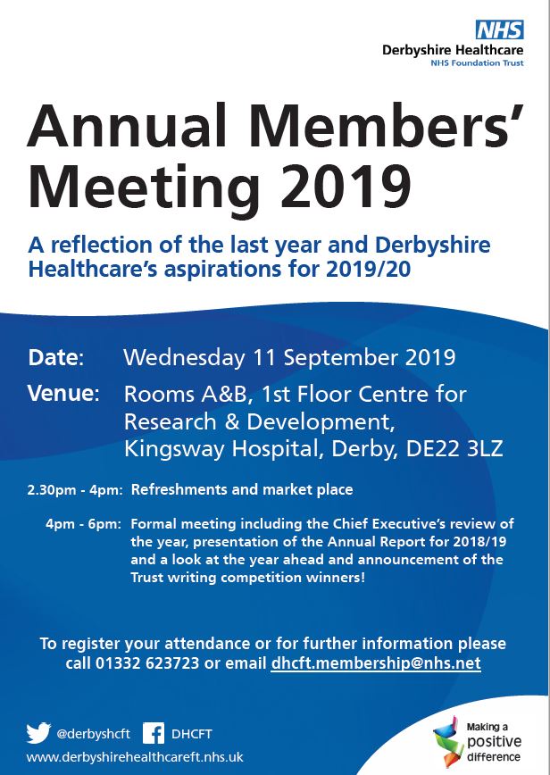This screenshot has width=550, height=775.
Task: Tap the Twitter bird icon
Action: tap(38, 733)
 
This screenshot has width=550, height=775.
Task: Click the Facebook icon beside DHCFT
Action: tap(154, 733)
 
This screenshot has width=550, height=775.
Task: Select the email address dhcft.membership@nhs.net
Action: tap(376, 663)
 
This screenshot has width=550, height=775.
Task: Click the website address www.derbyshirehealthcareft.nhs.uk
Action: tap(135, 757)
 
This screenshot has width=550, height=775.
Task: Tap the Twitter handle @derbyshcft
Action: tap(93, 734)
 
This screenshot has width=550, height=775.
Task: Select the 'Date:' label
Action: tap(55, 358)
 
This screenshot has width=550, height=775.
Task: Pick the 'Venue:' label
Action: tap(62, 394)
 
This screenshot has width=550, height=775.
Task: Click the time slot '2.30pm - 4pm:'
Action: tap(79, 490)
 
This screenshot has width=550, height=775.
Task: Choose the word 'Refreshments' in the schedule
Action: tap(182, 490)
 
